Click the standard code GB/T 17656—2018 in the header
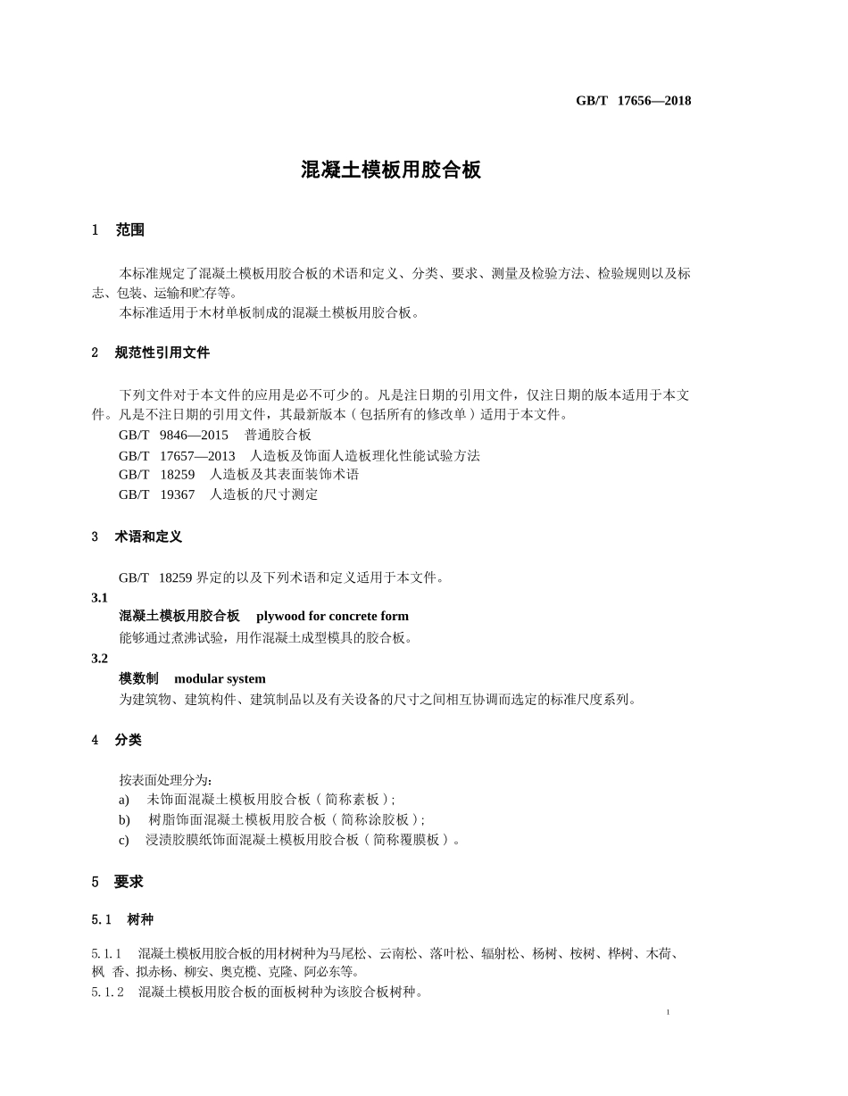[x=633, y=101]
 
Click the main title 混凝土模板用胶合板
[x=391, y=170]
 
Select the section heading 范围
[x=129, y=230]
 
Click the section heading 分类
[x=128, y=740]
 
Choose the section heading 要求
[x=129, y=882]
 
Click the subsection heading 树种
[x=140, y=919]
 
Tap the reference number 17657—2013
[x=197, y=455]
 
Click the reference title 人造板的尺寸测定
[x=263, y=494]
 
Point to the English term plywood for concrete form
[x=332, y=616]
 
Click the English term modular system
[x=220, y=679]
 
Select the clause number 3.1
[x=99, y=598]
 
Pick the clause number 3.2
[x=99, y=659]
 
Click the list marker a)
[x=124, y=800]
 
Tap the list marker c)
[x=124, y=840]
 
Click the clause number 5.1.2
[x=107, y=992]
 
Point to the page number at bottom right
[x=668, y=1012]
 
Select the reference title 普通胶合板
[x=278, y=435]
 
